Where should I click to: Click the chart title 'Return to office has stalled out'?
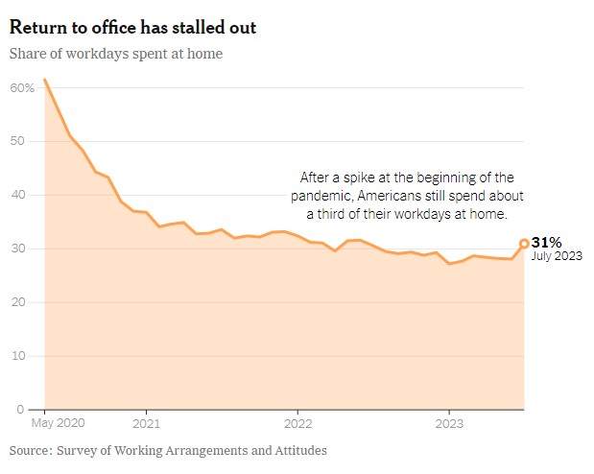[x=146, y=27]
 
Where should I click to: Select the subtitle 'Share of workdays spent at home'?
[x=116, y=54]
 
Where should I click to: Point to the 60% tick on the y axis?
[x=23, y=87]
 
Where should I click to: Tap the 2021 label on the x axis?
[x=146, y=423]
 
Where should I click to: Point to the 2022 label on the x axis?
[x=297, y=423]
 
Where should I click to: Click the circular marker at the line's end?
[x=524, y=244]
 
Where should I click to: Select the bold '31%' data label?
[x=546, y=243]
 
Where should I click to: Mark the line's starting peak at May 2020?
[x=45, y=80]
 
